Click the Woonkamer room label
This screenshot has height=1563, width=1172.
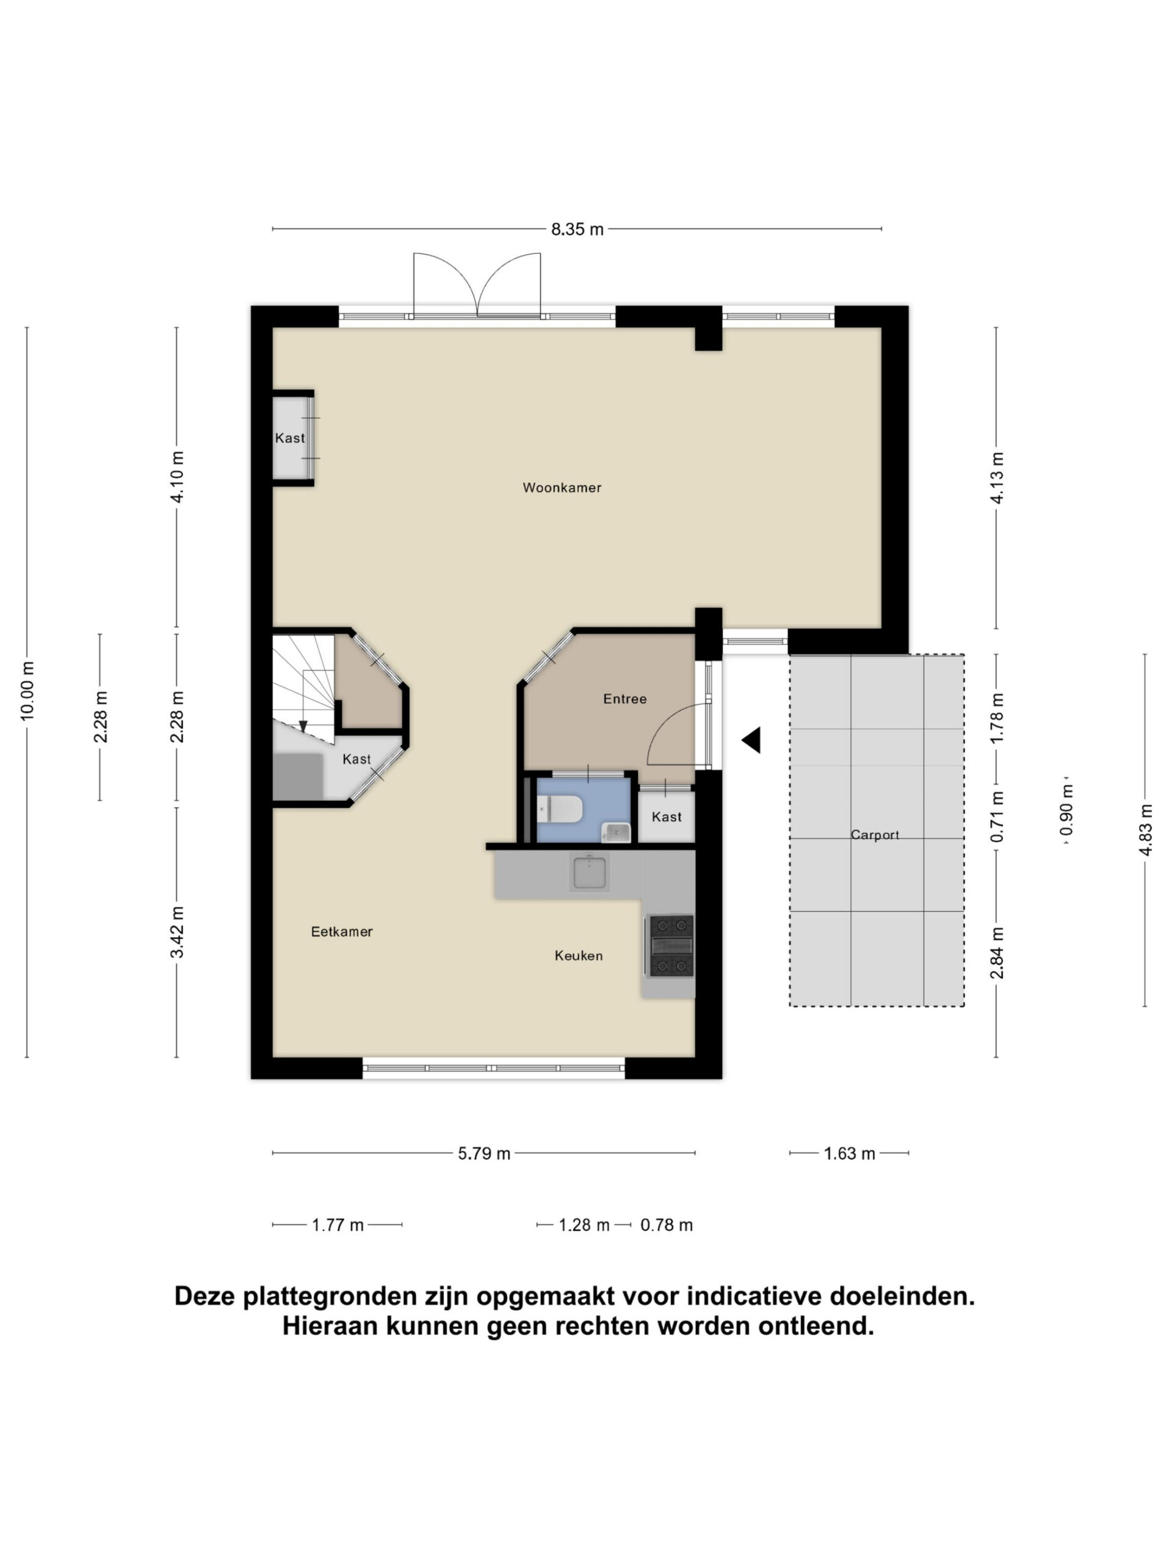pyautogui.click(x=562, y=488)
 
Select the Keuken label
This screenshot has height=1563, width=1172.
pyautogui.click(x=579, y=956)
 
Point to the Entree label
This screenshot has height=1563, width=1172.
pyautogui.click(x=624, y=699)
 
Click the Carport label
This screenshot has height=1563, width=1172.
pyautogui.click(x=875, y=835)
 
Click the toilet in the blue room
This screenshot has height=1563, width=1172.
pyautogui.click(x=560, y=809)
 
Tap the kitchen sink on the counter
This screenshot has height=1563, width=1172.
pyautogui.click(x=590, y=872)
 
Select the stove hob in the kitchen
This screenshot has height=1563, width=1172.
pyautogui.click(x=671, y=946)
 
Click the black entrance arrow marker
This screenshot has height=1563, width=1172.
pyautogui.click(x=751, y=740)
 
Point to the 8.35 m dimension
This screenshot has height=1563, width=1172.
pyautogui.click(x=577, y=229)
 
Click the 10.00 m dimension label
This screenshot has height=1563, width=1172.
pyautogui.click(x=27, y=691)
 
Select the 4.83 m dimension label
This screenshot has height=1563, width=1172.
pyautogui.click(x=1145, y=830)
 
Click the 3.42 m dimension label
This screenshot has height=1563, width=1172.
pyautogui.click(x=176, y=932)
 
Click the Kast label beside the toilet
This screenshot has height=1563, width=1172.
pyautogui.click(x=666, y=817)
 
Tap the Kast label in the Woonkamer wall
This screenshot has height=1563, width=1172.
pyautogui.click(x=290, y=438)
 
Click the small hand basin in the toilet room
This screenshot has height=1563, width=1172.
pyautogui.click(x=615, y=832)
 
